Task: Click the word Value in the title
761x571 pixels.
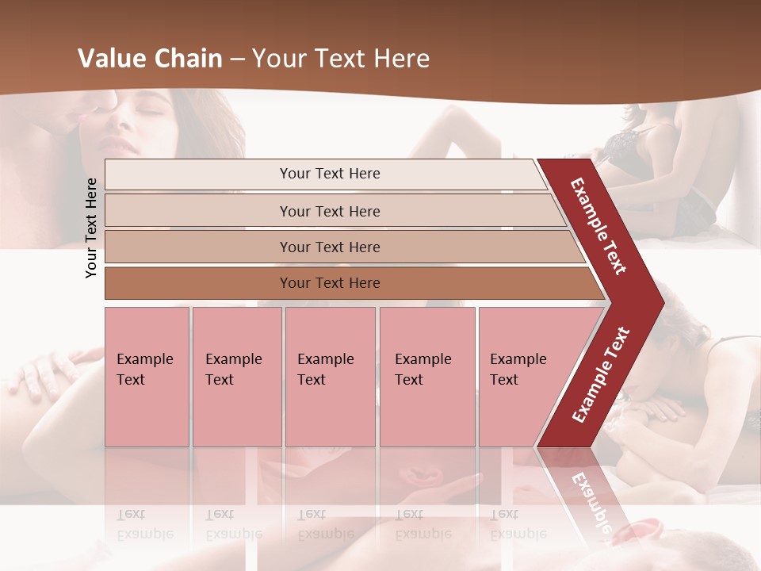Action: point(110,59)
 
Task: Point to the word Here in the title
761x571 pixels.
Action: point(401,59)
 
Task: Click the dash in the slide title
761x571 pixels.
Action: point(237,59)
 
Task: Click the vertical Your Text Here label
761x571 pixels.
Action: point(92,228)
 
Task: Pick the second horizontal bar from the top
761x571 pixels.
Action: point(329,211)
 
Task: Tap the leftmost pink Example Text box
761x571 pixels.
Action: point(147,376)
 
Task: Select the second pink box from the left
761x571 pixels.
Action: point(236,376)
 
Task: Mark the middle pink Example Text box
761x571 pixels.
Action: point(330,376)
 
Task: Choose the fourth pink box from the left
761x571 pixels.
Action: point(426,376)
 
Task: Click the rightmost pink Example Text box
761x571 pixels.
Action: point(523,376)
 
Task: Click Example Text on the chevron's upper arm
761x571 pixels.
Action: point(598,226)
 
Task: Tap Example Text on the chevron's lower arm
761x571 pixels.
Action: point(600,375)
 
